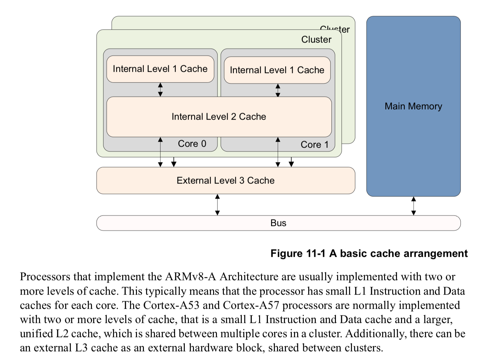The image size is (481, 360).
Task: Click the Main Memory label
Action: tap(413, 106)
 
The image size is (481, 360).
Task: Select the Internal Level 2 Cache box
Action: tap(219, 117)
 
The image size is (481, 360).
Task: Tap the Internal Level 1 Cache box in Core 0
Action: tap(160, 69)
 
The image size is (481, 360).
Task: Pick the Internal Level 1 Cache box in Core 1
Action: tap(277, 70)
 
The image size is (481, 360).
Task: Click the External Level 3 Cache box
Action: tap(225, 181)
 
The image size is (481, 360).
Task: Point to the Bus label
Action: tap(278, 223)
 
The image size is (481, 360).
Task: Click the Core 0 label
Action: tap(192, 144)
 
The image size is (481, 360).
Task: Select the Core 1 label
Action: tap(314, 145)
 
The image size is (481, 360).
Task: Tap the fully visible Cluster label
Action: tap(316, 40)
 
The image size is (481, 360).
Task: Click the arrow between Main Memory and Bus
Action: tap(414, 206)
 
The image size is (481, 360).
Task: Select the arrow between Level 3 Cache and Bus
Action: tap(217, 205)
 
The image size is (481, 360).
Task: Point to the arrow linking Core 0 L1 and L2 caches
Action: tap(160, 90)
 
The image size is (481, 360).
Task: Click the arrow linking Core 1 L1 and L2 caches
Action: tap(278, 90)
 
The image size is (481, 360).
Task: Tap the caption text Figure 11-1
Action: tap(297, 254)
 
